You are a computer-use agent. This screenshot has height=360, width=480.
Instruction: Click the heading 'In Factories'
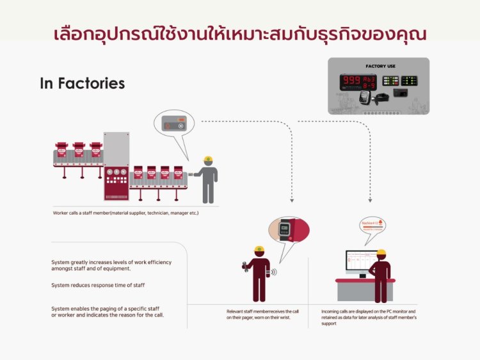pos(82,83)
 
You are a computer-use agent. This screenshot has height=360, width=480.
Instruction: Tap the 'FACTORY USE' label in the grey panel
pos(380,66)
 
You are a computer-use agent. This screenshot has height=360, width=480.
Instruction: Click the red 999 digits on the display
pos(351,81)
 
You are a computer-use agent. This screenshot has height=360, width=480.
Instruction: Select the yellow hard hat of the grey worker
pos(207,160)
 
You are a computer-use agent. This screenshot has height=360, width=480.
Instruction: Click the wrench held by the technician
pos(244,264)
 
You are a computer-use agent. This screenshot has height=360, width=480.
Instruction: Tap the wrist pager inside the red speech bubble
pos(285,231)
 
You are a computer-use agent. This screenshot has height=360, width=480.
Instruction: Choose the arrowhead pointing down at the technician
pos(292,200)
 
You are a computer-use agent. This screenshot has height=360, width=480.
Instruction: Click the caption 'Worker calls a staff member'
pos(126,213)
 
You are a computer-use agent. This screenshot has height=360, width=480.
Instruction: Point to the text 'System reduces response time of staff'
pos(98,285)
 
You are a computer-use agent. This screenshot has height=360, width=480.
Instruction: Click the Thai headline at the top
pos(239,33)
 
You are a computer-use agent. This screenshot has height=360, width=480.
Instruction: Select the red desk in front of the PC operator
pos(365,281)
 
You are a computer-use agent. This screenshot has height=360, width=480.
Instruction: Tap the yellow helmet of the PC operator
pos(381,252)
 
